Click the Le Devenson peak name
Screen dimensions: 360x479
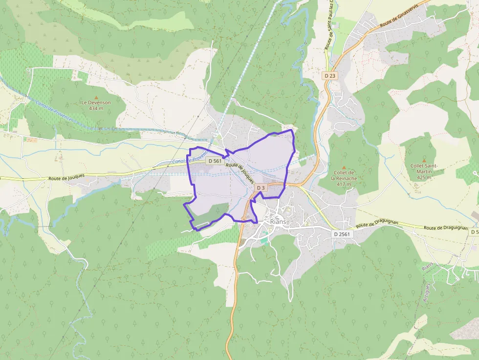pyautogui.click(x=96, y=103)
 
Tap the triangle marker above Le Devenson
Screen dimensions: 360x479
pyautogui.click(x=96, y=97)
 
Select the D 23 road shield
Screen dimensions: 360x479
pyautogui.click(x=330, y=76)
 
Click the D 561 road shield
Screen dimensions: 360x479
pyautogui.click(x=215, y=161)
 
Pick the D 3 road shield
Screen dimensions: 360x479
pyautogui.click(x=261, y=188)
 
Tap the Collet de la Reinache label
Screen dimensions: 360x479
pyautogui.click(x=344, y=175)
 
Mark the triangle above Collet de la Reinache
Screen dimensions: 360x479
pyautogui.click(x=344, y=167)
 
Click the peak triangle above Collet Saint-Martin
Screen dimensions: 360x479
pyautogui.click(x=424, y=160)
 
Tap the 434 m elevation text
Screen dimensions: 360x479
pyautogui.click(x=96, y=108)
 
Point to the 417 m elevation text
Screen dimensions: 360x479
pyautogui.click(x=344, y=184)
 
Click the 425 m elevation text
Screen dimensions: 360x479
pyautogui.click(x=424, y=177)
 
